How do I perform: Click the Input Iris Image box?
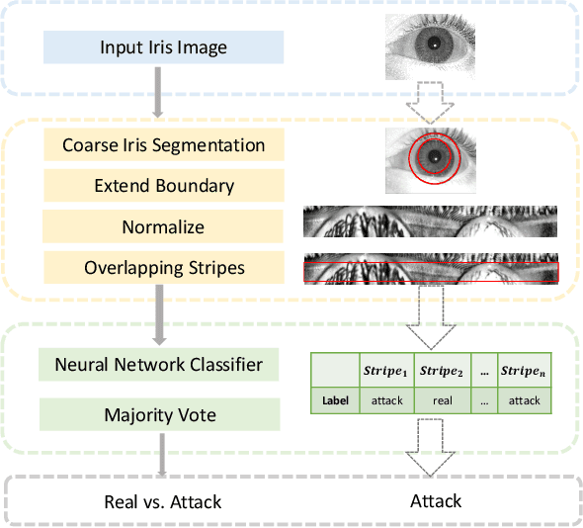163,47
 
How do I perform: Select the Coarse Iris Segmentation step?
163,145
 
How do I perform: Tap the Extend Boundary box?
163,186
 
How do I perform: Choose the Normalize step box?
163,227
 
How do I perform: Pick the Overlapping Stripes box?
163,268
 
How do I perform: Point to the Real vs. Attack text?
163,501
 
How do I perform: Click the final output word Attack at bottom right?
436,501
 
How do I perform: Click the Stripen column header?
524,371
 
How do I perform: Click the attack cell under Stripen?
524,400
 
